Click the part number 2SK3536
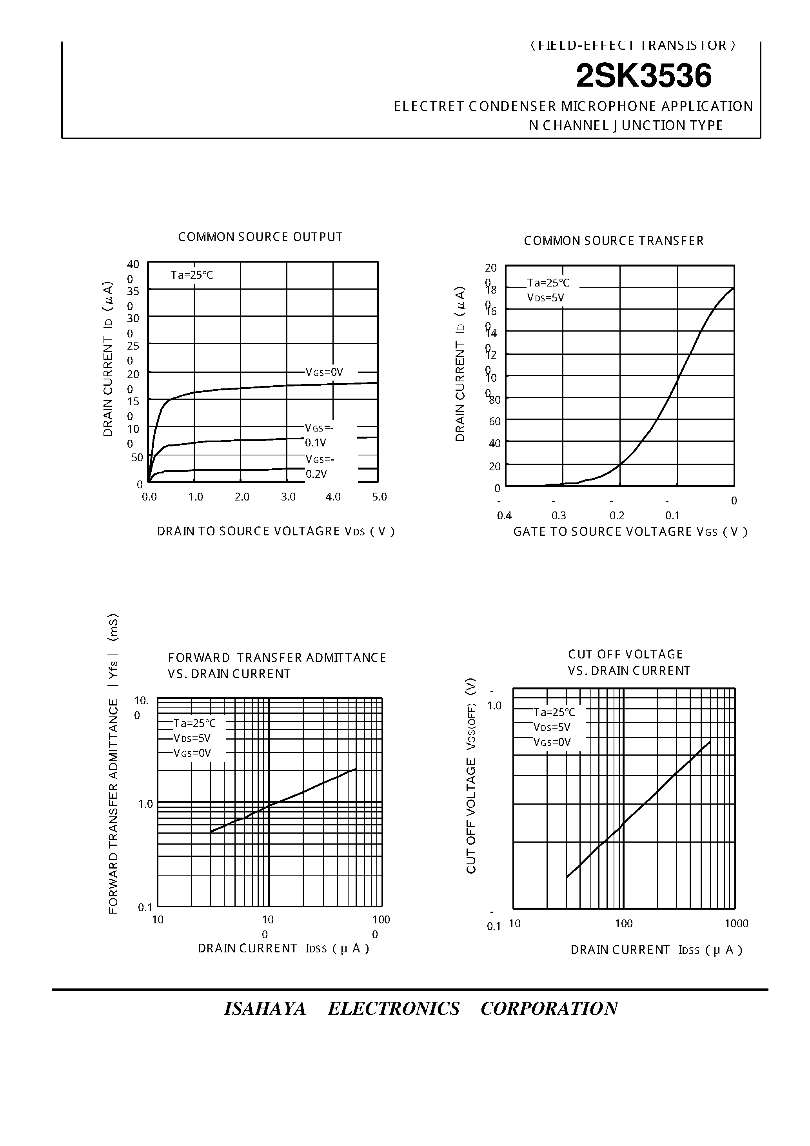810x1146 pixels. (x=643, y=76)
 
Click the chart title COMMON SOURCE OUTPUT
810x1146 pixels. (x=260, y=237)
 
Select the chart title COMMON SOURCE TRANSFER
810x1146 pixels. (x=613, y=241)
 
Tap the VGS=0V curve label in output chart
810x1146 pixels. (x=324, y=372)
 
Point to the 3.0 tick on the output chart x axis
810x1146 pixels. (x=288, y=497)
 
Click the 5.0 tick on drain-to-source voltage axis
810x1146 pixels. (x=380, y=497)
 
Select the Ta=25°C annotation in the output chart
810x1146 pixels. (x=192, y=275)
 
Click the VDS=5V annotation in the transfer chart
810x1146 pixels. (x=545, y=298)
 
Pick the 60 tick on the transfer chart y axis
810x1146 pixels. (x=494, y=422)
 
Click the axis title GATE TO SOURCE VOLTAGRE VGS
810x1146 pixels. (x=630, y=531)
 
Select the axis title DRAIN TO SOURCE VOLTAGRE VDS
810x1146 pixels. (x=276, y=531)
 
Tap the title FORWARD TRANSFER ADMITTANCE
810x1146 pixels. (x=277, y=658)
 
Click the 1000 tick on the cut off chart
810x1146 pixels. (x=736, y=923)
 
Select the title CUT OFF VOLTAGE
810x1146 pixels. (x=625, y=655)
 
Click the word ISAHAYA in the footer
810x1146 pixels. (x=265, y=1009)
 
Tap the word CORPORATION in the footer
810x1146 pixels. (x=549, y=1009)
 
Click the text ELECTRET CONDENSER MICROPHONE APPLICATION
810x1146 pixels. (x=573, y=106)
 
